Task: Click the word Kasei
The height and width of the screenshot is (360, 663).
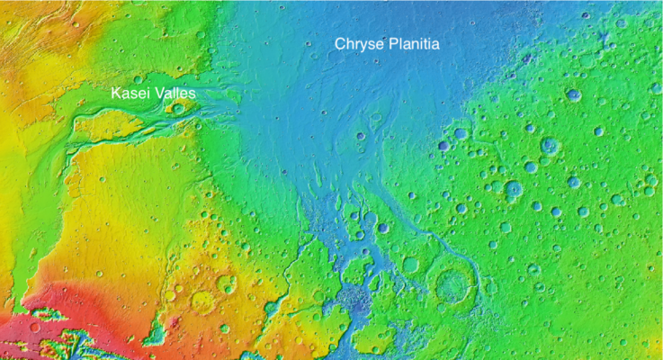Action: [x=128, y=93]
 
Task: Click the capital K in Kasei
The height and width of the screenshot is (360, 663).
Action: [x=116, y=93]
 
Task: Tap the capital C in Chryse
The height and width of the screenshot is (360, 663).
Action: [x=340, y=43]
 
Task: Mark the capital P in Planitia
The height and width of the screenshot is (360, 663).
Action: [x=391, y=43]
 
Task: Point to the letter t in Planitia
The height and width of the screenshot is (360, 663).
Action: [x=422, y=43]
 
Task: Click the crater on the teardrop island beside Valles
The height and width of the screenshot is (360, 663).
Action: [x=178, y=109]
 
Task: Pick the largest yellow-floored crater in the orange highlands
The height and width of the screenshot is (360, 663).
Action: [x=202, y=302]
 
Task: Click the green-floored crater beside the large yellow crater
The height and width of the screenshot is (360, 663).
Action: [x=226, y=284]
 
